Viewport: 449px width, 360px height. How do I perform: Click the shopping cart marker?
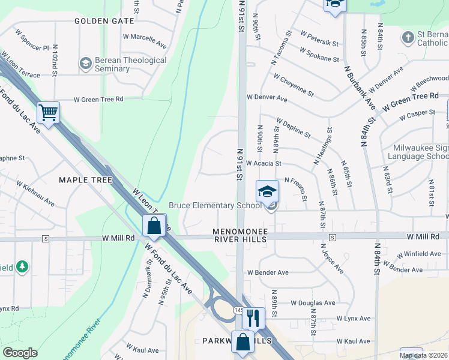48,112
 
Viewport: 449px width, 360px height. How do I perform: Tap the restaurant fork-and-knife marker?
253,317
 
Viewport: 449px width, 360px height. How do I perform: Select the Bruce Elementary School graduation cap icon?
268,191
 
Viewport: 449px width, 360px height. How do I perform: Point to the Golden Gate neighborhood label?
104,21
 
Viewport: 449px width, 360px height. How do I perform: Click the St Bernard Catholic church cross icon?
408,38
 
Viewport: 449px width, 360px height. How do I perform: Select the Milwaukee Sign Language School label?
421,152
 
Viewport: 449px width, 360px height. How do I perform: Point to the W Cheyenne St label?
293,85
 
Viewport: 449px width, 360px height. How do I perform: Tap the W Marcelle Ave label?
145,40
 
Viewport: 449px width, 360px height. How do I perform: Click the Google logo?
20,353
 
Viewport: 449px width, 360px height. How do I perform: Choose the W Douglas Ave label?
313,303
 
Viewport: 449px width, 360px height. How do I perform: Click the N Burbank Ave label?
360,87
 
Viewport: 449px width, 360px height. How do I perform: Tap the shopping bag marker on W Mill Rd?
154,226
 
